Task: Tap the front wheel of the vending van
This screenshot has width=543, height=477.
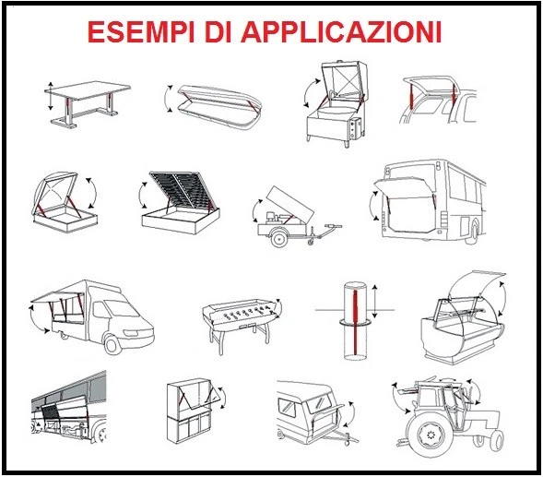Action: coord(114,344)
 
